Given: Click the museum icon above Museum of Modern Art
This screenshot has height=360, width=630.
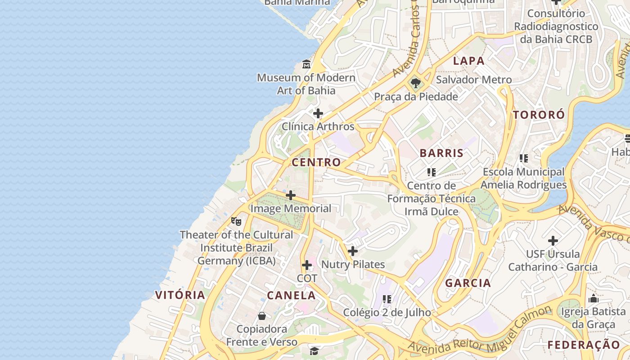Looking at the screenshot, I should [x=306, y=64].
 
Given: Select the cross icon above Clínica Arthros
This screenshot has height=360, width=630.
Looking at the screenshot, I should [x=318, y=113].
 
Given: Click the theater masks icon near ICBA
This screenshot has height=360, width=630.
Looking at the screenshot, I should [x=236, y=221].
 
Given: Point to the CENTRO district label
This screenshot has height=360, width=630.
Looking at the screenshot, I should [x=316, y=162].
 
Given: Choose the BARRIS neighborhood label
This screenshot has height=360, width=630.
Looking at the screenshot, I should [x=441, y=153].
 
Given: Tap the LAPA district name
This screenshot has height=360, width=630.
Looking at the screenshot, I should [x=468, y=61].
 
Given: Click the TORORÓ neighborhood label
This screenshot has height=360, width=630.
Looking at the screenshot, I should [x=539, y=115].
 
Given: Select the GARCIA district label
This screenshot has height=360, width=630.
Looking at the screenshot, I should [x=468, y=283].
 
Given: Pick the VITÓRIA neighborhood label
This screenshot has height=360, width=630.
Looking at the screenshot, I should [x=180, y=295].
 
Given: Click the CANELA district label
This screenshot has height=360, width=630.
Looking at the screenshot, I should [x=291, y=296].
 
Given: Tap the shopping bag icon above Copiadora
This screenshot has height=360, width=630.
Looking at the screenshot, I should [x=262, y=316].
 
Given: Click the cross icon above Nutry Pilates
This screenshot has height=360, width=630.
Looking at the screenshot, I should [x=353, y=251].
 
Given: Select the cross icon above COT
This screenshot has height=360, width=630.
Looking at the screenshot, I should [x=307, y=265].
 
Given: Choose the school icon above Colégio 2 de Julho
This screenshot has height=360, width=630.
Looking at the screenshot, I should [x=387, y=299].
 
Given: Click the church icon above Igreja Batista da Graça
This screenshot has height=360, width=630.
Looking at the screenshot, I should [x=593, y=298].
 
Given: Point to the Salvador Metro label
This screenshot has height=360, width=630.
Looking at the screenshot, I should [x=474, y=80].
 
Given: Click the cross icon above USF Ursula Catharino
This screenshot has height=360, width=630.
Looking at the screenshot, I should [x=553, y=241].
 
